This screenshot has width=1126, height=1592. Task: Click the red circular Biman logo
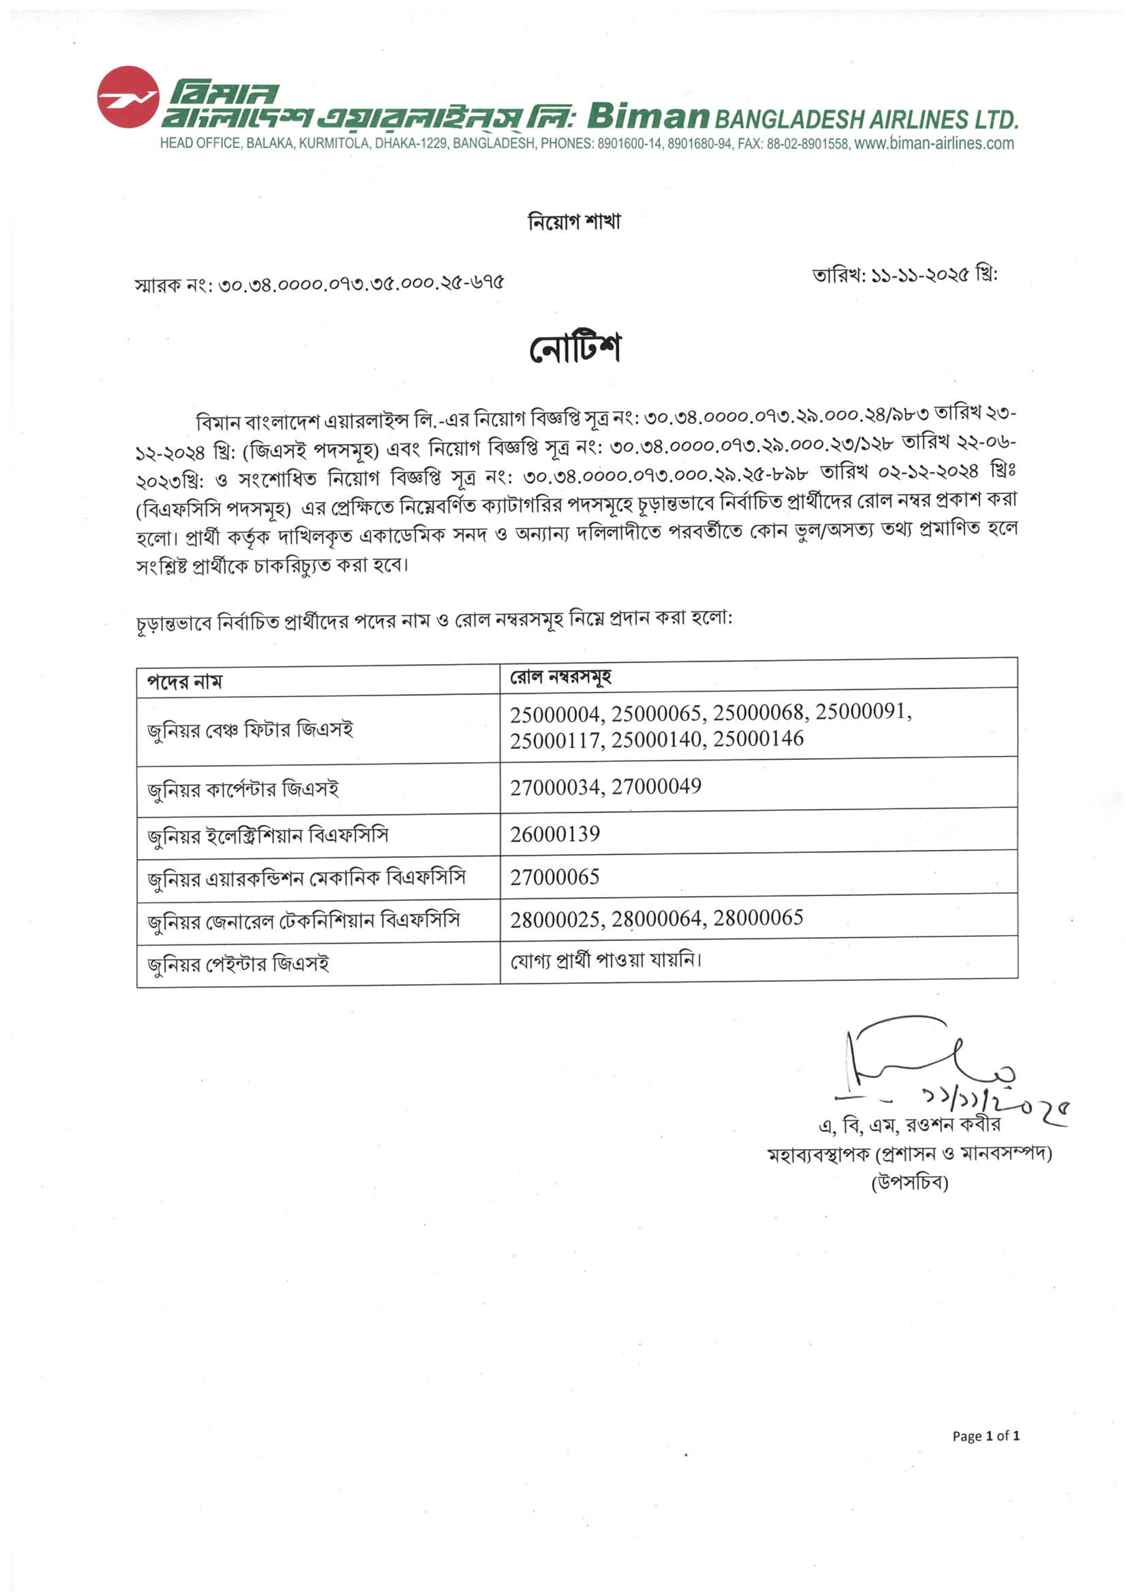tap(128, 97)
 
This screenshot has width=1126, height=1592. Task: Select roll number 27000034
tap(558, 788)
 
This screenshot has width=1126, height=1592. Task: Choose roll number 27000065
tap(555, 877)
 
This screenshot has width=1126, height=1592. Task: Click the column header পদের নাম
tap(184, 682)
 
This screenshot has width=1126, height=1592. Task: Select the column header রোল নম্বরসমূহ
tap(560, 677)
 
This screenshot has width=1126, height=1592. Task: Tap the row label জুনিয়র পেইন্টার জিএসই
tap(238, 964)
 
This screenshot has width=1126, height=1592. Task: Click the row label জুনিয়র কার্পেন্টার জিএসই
tap(242, 790)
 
